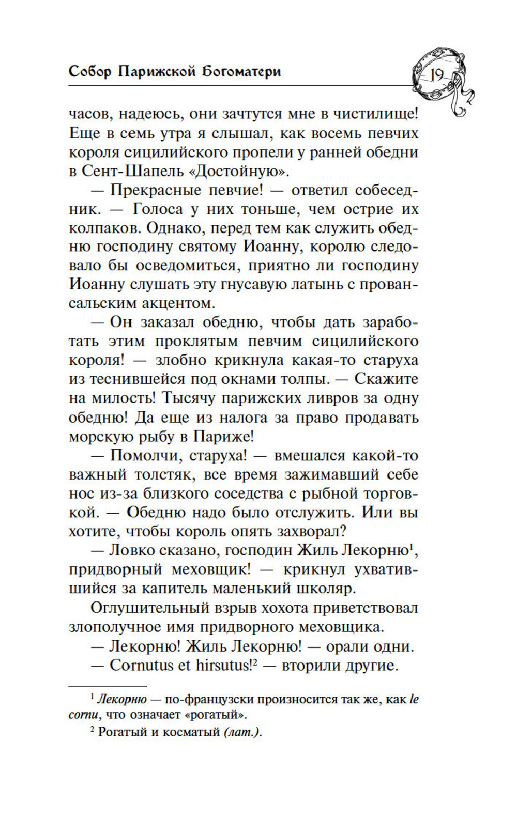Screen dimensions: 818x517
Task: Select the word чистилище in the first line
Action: tap(373, 114)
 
